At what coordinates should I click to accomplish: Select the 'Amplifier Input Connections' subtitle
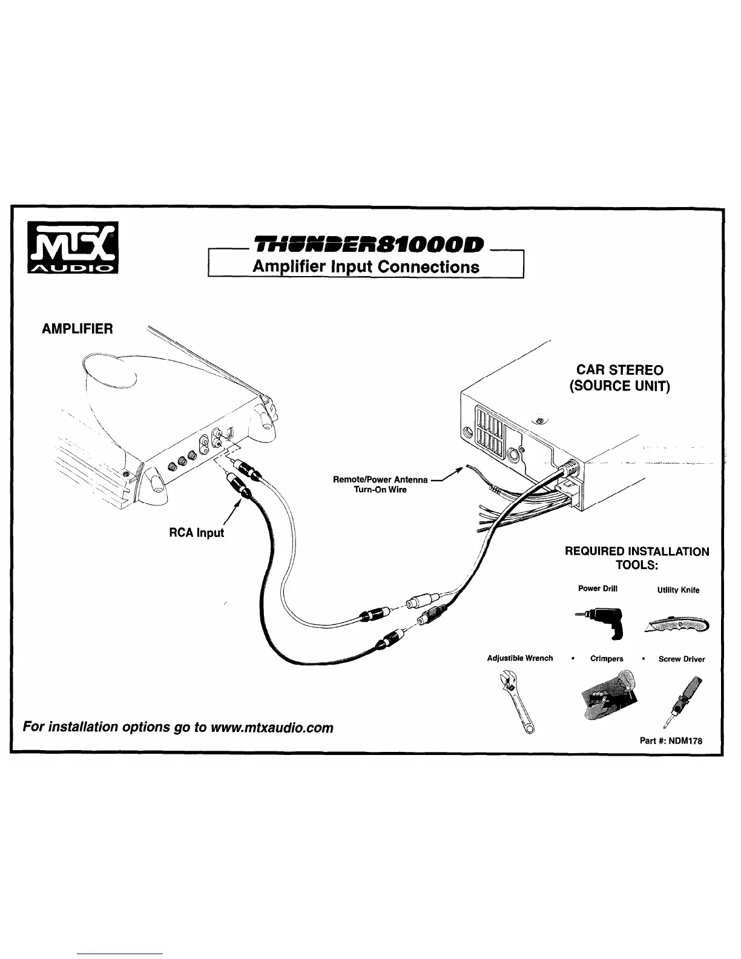(x=366, y=266)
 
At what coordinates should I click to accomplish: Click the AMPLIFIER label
(x=77, y=329)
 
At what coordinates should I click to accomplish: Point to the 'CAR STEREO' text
(x=619, y=369)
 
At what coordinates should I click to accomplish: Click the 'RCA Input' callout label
(x=196, y=533)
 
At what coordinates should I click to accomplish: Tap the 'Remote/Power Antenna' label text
(x=380, y=479)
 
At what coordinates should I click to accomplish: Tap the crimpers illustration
(x=607, y=695)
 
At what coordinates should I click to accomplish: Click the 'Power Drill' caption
(x=598, y=588)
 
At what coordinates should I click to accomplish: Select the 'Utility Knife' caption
(x=678, y=590)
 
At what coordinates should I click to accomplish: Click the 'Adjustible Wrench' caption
(x=520, y=658)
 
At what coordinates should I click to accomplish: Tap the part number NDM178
(x=671, y=740)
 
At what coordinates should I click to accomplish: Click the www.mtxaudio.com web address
(x=271, y=727)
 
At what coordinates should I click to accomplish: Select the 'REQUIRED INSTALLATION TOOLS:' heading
(x=636, y=558)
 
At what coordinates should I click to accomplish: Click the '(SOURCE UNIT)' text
(x=619, y=386)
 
